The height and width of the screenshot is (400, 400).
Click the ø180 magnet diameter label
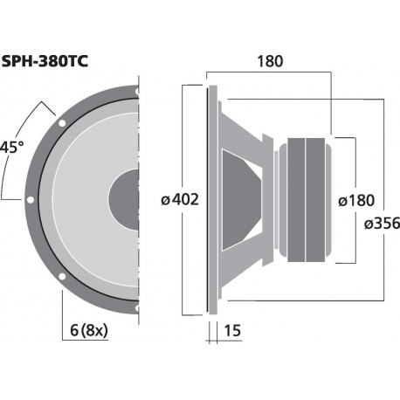point(355,200)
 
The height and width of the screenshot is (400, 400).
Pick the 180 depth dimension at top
point(271,62)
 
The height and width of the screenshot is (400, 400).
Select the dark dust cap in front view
point(124,199)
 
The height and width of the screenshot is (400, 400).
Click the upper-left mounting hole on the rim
point(60,123)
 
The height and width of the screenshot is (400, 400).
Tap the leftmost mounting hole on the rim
point(30,199)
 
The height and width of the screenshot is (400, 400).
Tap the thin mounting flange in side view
point(209,199)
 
